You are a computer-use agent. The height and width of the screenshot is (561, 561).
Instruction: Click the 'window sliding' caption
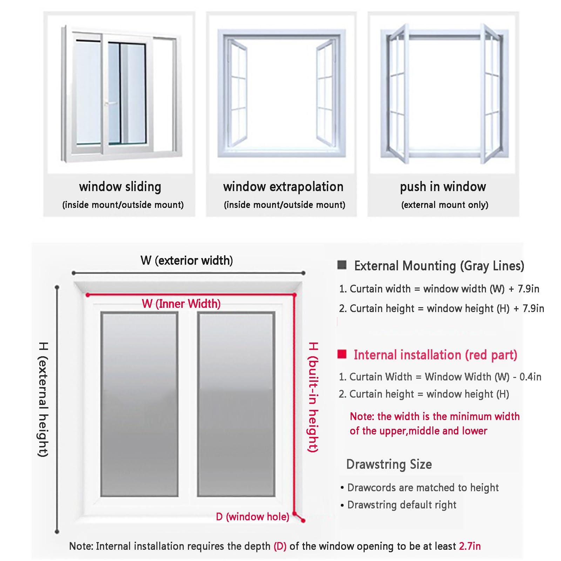(x=120, y=187)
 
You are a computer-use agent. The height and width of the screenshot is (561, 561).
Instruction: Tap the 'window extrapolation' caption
(x=283, y=187)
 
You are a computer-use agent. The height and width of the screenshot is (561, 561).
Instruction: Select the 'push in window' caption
(x=443, y=187)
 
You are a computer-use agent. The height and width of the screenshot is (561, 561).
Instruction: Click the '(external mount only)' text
(x=445, y=205)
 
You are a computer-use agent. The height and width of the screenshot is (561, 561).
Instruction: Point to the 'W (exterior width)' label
(x=187, y=261)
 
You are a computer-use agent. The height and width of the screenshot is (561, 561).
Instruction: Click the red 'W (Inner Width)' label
(x=181, y=304)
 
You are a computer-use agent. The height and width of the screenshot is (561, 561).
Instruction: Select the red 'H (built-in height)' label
(x=313, y=397)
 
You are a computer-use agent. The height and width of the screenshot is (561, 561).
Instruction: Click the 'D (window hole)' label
(x=252, y=516)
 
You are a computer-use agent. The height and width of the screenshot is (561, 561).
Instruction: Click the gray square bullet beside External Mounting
(x=342, y=265)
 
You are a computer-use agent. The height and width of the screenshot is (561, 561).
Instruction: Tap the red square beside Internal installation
(x=342, y=354)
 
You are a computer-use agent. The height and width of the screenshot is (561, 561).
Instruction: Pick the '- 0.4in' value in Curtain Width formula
(x=527, y=377)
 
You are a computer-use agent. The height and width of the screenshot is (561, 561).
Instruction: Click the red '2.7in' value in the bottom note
(x=470, y=546)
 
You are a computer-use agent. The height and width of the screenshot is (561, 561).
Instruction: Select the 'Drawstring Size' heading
(x=389, y=464)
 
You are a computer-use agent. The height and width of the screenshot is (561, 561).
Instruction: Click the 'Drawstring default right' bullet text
(x=401, y=505)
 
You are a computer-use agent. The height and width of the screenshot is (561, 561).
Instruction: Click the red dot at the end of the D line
(x=303, y=521)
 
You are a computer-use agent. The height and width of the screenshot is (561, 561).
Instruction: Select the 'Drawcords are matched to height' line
(x=423, y=487)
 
